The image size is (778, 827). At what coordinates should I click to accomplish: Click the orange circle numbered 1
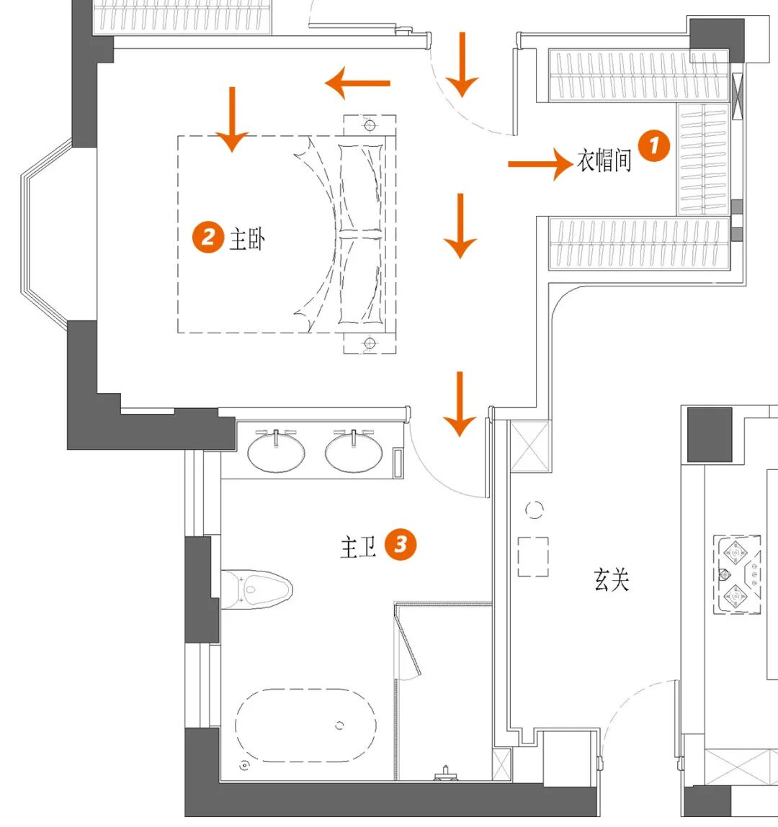click(x=653, y=146)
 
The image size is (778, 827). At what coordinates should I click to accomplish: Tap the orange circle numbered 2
click(x=208, y=237)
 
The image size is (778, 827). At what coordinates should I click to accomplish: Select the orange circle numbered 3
click(x=401, y=544)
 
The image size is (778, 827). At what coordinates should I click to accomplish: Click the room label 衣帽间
click(x=604, y=160)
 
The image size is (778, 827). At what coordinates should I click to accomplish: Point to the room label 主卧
click(x=247, y=238)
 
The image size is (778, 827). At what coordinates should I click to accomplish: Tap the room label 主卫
click(x=358, y=547)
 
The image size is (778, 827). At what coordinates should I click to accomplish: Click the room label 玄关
click(x=612, y=579)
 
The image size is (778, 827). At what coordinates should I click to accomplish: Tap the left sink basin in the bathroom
click(x=277, y=452)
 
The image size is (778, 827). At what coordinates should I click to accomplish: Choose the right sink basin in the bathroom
click(x=353, y=452)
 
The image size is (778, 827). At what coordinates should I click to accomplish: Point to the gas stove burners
click(x=737, y=574)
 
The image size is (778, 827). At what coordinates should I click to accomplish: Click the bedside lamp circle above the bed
click(x=370, y=126)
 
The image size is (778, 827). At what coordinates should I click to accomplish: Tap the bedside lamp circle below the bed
click(x=370, y=343)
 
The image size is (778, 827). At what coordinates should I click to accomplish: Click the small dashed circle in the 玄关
click(x=534, y=510)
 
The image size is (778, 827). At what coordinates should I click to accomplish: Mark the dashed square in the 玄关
click(x=533, y=556)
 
